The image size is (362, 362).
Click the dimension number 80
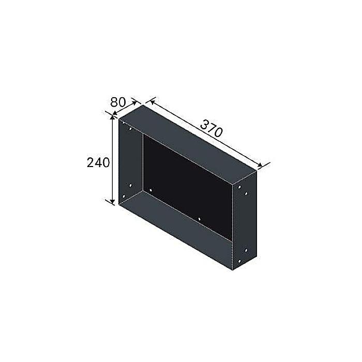(118, 102)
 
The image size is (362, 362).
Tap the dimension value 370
(211, 128)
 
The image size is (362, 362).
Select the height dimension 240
(98, 162)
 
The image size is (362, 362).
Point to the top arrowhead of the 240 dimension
(112, 118)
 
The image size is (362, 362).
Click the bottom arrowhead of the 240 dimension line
(112, 202)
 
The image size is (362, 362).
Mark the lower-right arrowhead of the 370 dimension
(260, 164)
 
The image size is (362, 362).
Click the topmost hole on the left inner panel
(130, 129)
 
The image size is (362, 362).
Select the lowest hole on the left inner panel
(124, 197)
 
